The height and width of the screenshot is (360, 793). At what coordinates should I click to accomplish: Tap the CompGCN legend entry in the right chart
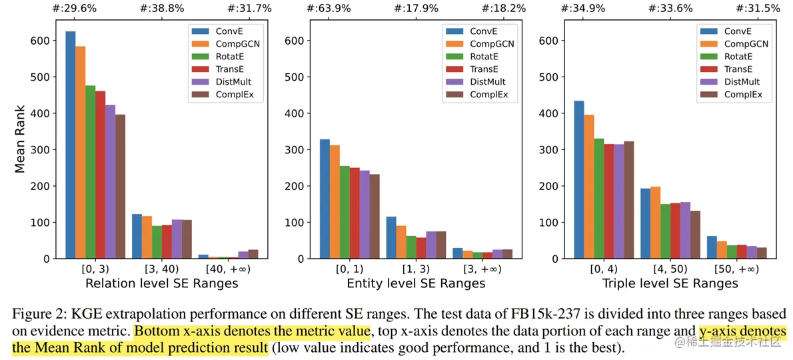click(x=745, y=44)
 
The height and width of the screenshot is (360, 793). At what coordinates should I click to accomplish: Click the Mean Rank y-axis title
click(x=20, y=139)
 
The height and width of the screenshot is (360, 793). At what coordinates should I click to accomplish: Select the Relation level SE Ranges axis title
click(x=162, y=283)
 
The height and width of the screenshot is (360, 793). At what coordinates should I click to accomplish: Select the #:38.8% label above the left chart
click(x=161, y=9)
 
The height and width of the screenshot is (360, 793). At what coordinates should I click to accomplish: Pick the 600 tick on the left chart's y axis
click(x=41, y=41)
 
